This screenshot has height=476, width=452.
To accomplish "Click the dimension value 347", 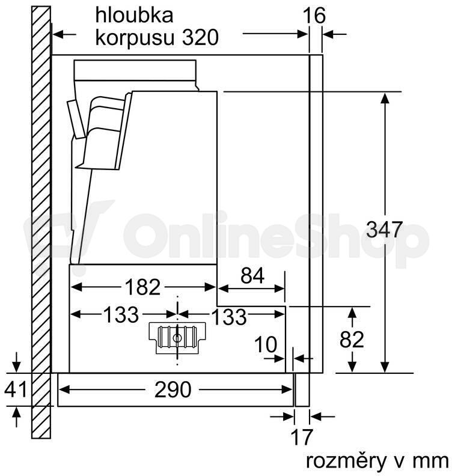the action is coord(384,230).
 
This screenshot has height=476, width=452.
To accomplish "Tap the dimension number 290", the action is coord(173,389).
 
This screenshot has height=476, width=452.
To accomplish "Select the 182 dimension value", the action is coord(142,287).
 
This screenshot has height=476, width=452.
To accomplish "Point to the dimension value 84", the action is coord(252,276).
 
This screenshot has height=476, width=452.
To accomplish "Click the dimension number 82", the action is coord(352,340).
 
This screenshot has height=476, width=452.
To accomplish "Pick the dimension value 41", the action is coord(16,389).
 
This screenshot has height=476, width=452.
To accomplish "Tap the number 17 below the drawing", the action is coord(302,436).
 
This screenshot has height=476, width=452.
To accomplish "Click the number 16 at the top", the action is coord(314,16).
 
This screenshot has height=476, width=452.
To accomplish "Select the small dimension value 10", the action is coord(266,344).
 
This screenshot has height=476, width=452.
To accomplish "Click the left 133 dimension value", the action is coord(121,314).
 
